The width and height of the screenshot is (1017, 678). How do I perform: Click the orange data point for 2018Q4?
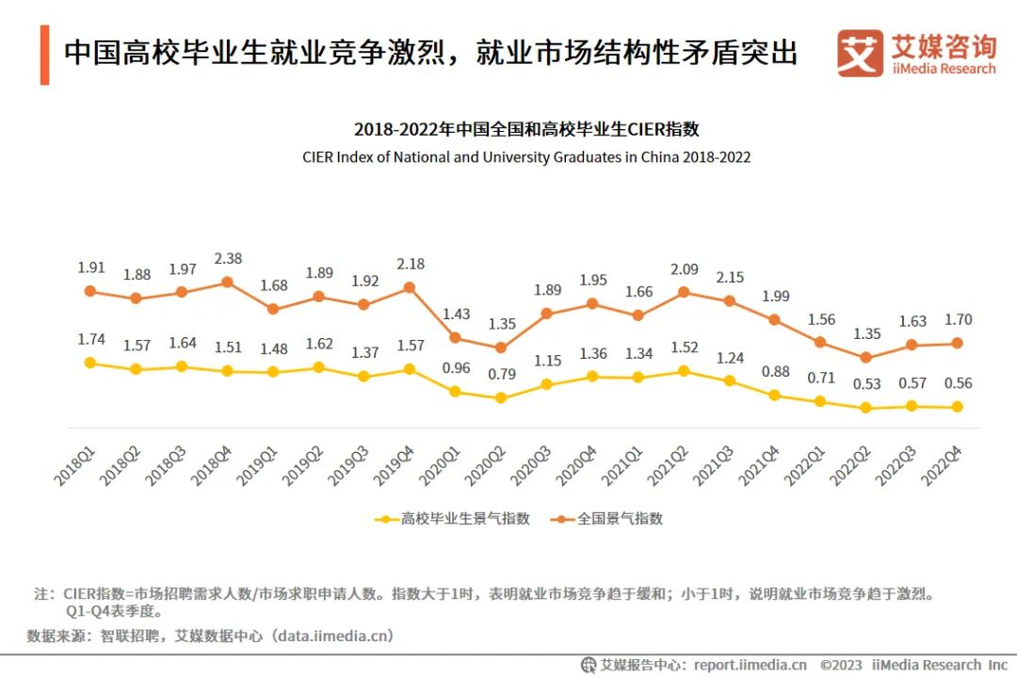click(x=227, y=282)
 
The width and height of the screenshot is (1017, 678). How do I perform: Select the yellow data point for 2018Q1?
click(x=90, y=363)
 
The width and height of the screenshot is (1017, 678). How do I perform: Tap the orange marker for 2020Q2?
click(x=500, y=347)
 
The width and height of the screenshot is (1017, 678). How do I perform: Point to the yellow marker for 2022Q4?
click(x=957, y=407)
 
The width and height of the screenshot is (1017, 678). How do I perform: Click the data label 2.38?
click(x=227, y=257)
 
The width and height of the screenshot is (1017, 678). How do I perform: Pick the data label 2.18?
click(x=409, y=264)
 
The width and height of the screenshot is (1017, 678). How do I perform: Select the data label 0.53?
click(x=865, y=383)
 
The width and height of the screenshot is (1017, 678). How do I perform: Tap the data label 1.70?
click(x=957, y=320)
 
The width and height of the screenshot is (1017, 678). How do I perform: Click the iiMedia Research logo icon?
click(x=859, y=54)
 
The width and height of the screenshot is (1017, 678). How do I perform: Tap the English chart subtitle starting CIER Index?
click(x=526, y=157)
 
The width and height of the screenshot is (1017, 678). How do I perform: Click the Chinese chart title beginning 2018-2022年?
click(x=526, y=130)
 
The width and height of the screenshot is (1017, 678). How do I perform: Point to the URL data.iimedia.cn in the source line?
click(x=330, y=636)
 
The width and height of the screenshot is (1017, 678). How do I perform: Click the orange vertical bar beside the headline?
click(x=44, y=56)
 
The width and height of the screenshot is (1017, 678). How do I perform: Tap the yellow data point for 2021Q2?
click(x=683, y=371)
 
